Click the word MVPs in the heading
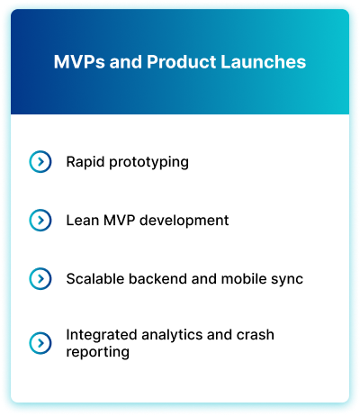79,62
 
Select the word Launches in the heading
264,62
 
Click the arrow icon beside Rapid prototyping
40,162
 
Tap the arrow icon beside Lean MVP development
40,221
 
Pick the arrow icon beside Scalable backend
40,279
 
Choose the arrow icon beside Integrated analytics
40,343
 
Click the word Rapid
85,162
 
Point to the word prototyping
148,163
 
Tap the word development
184,221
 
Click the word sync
287,280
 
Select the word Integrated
102,335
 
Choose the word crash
256,335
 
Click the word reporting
98,352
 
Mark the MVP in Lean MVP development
120,221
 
